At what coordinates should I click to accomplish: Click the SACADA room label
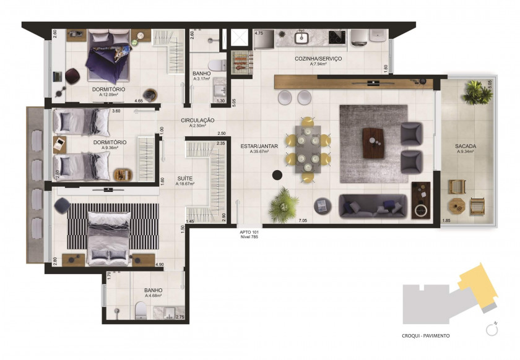tap(466, 146)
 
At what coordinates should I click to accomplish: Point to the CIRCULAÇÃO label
tap(197, 120)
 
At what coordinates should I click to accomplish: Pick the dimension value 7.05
tap(303, 220)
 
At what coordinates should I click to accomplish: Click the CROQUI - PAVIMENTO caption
tap(426, 336)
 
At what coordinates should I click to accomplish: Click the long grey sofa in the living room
tap(373, 206)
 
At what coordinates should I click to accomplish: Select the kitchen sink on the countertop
tap(302, 38)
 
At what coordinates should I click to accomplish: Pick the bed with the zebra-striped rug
tap(108, 235)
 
